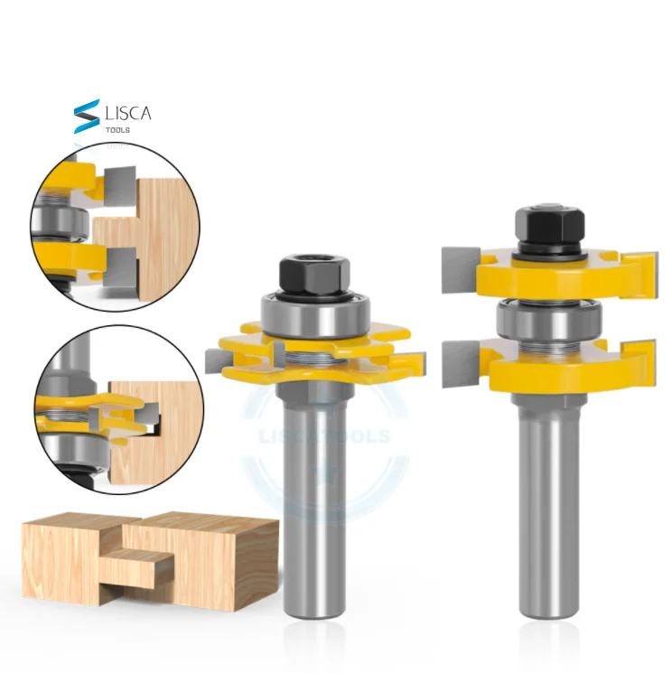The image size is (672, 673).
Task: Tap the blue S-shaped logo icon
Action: coord(88,117)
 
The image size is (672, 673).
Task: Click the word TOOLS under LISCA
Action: coord(118,130)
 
